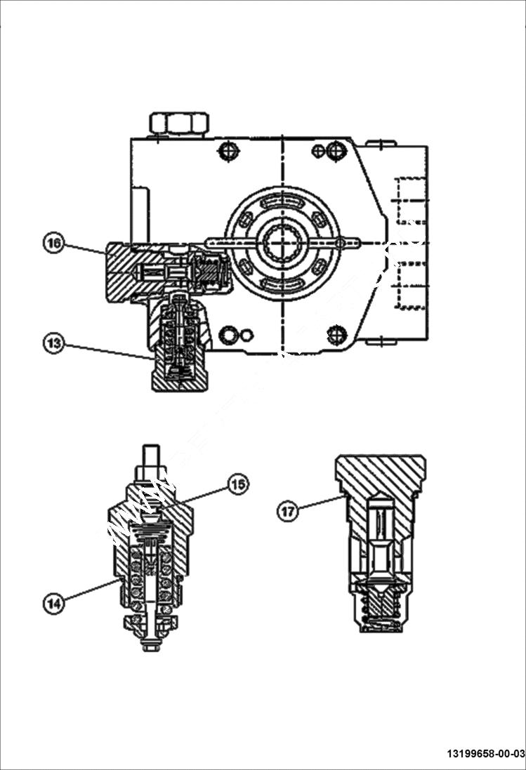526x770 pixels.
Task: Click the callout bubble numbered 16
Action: point(53,244)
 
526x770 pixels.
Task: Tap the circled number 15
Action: point(238,484)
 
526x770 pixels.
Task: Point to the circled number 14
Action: point(53,602)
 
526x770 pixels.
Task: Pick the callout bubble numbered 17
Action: point(287,512)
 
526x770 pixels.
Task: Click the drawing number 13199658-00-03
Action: point(485,754)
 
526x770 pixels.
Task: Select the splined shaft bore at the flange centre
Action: point(282,244)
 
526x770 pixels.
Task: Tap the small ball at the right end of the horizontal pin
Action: point(341,243)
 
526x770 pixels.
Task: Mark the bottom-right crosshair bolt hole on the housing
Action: point(338,334)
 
